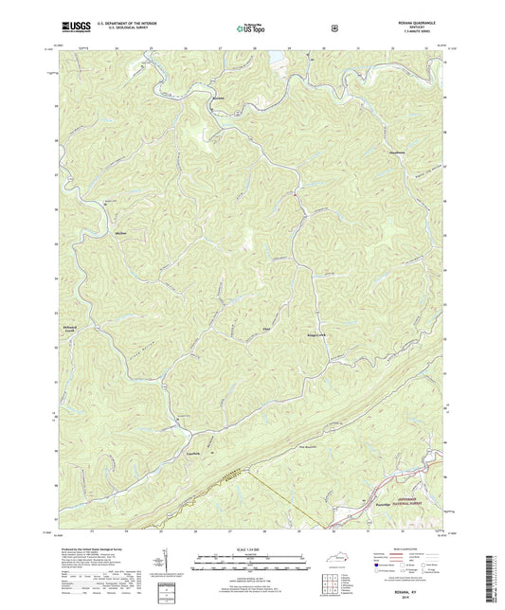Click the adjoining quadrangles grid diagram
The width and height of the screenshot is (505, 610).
coord(330,587)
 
